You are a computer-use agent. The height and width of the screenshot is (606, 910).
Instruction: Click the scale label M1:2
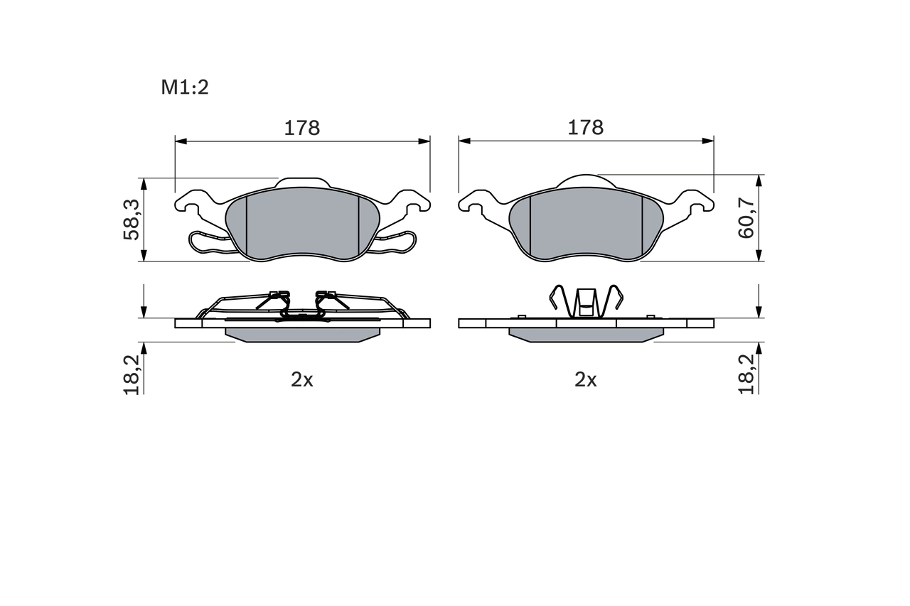pos(184,87)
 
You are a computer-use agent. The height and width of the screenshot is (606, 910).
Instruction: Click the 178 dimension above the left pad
pos(302,128)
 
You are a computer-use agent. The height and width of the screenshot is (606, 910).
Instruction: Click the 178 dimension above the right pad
pos(585,128)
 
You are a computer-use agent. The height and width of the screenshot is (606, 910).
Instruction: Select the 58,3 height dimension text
pos(132,220)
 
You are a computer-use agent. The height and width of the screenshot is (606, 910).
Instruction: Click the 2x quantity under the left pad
pos(302,379)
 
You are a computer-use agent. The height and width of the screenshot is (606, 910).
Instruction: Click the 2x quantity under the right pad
pos(585,379)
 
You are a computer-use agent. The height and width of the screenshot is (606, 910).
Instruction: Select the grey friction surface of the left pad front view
pos(302,224)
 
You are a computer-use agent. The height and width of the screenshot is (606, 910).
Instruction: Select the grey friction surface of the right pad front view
pos(586,224)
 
